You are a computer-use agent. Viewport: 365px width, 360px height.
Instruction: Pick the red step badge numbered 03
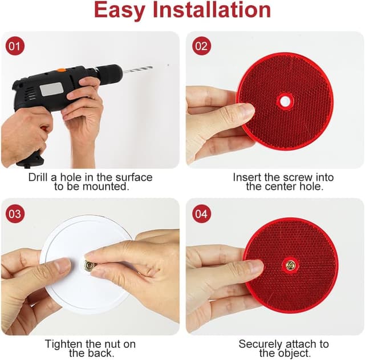15,214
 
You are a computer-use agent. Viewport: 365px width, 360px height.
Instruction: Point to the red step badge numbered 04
201,214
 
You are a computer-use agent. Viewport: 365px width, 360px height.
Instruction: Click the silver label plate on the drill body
51,89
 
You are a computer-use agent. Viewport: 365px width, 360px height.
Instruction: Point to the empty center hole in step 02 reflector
283,102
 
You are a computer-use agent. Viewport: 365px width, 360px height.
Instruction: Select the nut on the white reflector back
90,265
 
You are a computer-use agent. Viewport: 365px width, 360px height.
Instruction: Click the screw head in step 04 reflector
291,265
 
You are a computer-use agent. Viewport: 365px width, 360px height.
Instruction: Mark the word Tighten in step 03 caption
63,344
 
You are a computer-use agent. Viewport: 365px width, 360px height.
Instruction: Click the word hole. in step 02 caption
313,187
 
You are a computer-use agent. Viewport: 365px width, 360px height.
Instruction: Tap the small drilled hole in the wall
168,65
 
